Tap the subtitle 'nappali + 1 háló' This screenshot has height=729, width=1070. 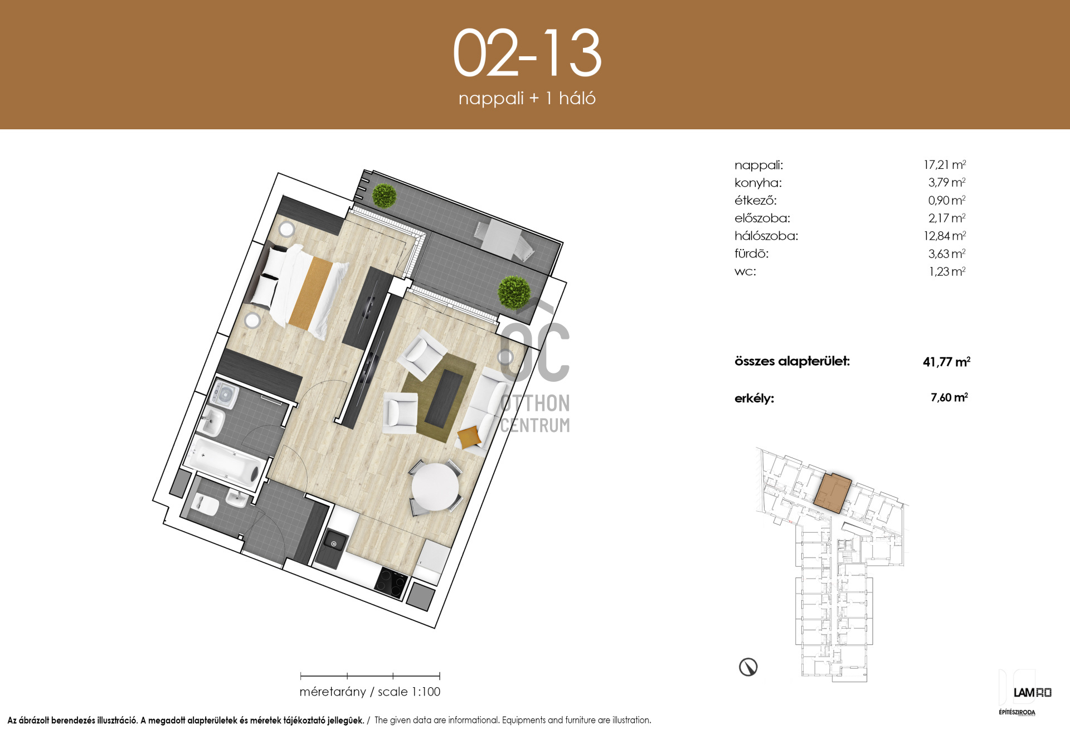(527, 98)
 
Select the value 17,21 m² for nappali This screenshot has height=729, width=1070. (945, 164)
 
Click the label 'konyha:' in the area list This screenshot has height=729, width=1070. (758, 183)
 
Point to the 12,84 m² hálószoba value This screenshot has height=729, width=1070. (945, 236)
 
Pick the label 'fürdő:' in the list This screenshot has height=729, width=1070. (751, 254)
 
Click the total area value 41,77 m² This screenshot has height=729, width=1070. (946, 362)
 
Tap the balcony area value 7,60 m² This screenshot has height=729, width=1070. (949, 397)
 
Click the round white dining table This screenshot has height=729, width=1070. (435, 487)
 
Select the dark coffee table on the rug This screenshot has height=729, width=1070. (444, 397)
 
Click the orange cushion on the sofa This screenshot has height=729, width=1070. (469, 436)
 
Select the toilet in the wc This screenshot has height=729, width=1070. (205, 504)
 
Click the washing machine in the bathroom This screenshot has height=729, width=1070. (224, 395)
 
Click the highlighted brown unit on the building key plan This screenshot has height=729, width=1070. (833, 493)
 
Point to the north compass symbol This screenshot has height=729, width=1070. (748, 667)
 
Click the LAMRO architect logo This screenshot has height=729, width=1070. (1032, 692)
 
